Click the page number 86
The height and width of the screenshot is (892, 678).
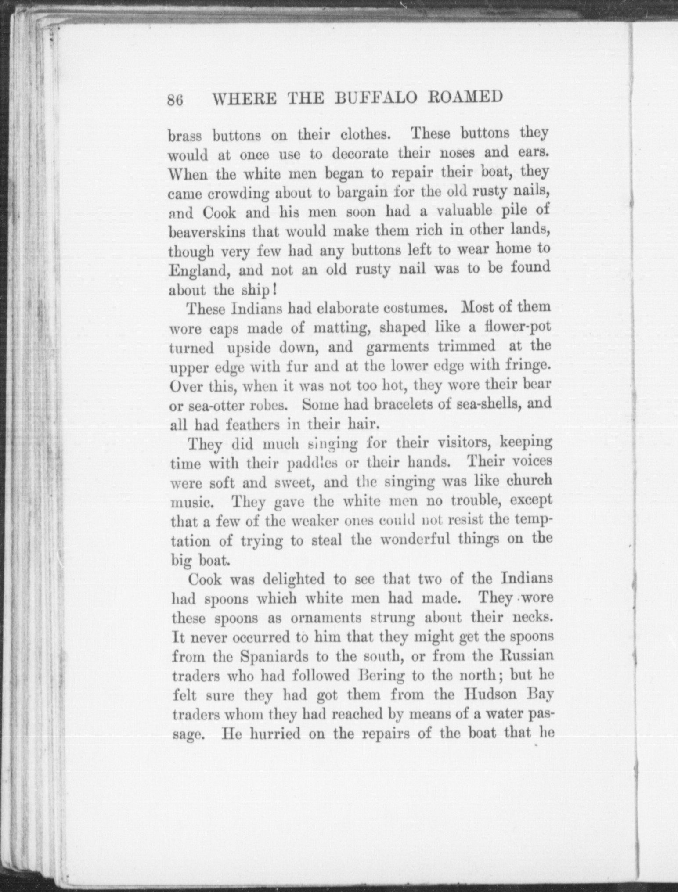pyautogui.click(x=175, y=100)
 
